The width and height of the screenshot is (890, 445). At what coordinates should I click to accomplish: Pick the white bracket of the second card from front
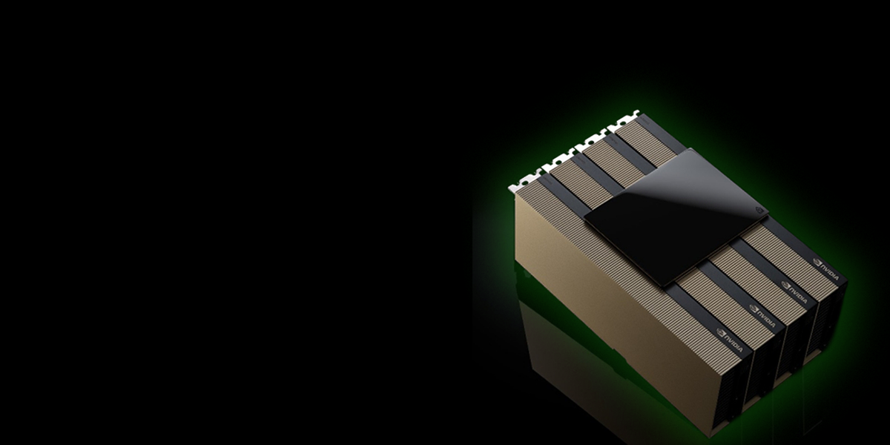click(x=557, y=161)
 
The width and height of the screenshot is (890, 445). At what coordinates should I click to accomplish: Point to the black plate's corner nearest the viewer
click(x=676, y=286)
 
